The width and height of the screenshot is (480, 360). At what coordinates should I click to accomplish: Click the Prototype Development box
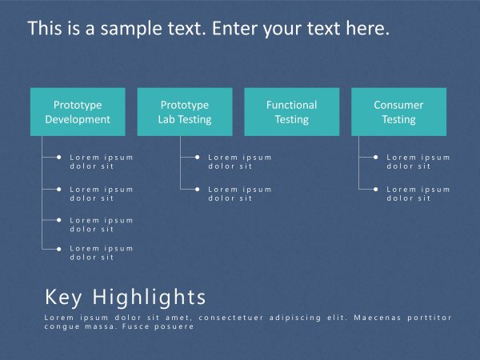click(78, 112)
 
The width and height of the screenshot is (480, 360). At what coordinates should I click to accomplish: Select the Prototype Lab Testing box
click(185, 112)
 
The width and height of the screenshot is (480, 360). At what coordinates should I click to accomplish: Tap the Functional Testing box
click(291, 112)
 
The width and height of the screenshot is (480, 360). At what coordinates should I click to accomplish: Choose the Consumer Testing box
click(398, 112)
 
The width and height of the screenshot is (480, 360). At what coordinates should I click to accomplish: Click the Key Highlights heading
click(126, 298)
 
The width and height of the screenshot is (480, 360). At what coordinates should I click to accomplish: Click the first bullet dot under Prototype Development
click(58, 158)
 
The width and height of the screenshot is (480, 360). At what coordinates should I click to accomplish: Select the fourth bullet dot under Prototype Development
click(58, 249)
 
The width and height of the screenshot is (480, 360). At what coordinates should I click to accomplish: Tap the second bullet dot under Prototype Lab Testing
click(197, 190)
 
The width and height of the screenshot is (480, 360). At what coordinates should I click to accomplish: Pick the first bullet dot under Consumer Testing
click(375, 158)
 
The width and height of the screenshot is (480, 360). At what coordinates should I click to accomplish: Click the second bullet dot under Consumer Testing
click(375, 190)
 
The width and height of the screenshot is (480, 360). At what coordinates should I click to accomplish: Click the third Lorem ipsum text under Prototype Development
click(102, 224)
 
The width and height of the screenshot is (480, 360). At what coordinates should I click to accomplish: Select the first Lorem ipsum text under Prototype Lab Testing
click(240, 162)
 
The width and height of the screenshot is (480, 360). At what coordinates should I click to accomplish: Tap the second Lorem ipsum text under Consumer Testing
click(418, 194)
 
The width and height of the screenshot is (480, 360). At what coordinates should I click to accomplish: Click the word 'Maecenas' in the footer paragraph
click(378, 318)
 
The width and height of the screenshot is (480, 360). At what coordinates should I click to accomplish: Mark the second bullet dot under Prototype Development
click(58, 190)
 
